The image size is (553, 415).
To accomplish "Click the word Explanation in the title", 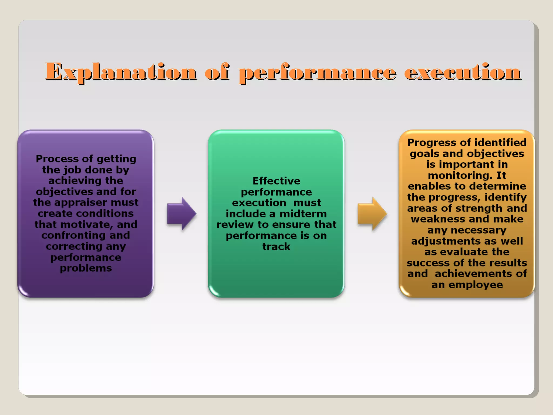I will click(x=121, y=72).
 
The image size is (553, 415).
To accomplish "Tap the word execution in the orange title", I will click(x=462, y=72).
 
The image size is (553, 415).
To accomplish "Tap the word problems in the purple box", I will click(x=86, y=268).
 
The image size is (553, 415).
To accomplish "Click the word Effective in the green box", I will click(x=276, y=181).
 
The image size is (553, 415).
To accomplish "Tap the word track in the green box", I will click(x=276, y=247).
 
